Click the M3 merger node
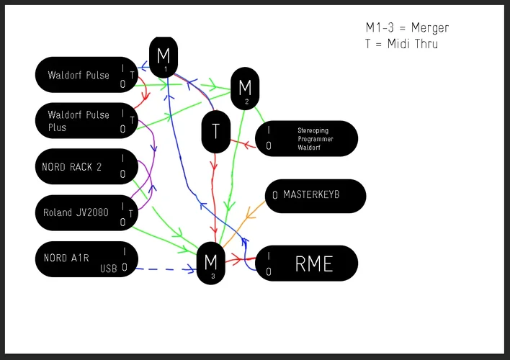(211, 263)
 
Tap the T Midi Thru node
(215, 132)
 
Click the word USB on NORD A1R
(109, 269)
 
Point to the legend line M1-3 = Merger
(407, 28)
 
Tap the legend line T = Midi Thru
(401, 44)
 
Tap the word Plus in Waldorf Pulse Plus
(57, 127)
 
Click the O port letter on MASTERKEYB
(275, 196)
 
